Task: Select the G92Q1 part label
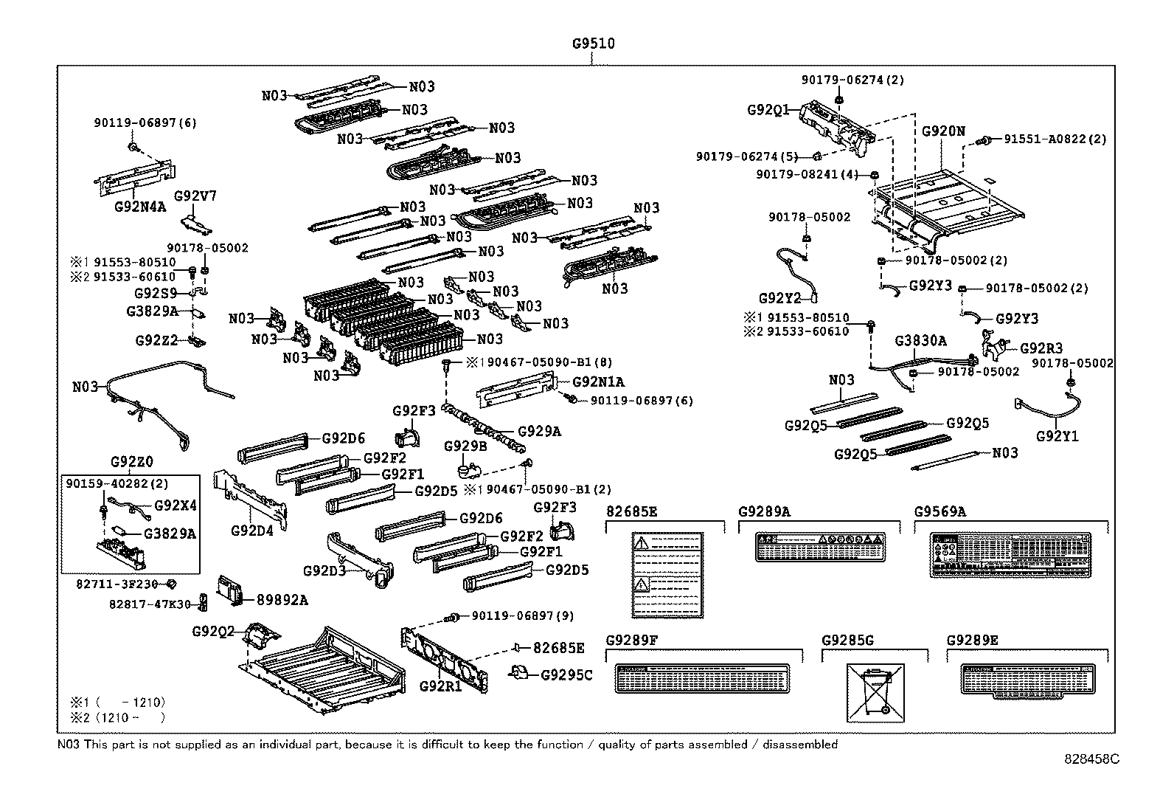click(768, 110)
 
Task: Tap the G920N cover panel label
click(942, 131)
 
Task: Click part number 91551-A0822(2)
click(1055, 139)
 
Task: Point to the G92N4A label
click(140, 207)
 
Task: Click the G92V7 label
click(195, 196)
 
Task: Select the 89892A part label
click(282, 600)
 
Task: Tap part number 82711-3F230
click(117, 583)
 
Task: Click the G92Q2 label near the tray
click(213, 632)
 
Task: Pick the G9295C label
click(566, 674)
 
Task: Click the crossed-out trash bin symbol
click(875, 692)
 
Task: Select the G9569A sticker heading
click(940, 511)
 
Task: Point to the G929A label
click(539, 432)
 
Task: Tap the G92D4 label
click(252, 530)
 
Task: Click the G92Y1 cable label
click(1057, 436)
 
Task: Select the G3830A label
click(920, 341)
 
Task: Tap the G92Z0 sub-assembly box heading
click(132, 463)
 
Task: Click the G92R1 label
click(440, 686)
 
